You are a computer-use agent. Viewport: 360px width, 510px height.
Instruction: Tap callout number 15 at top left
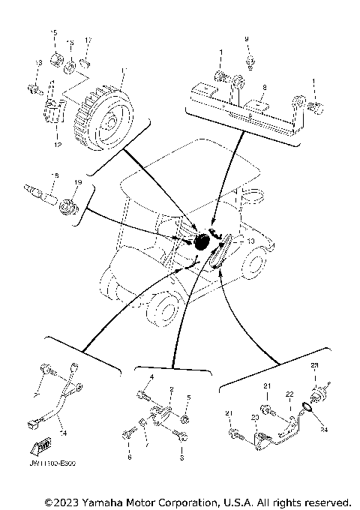(x=53, y=32)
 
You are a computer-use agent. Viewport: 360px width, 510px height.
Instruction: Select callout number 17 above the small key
(x=88, y=40)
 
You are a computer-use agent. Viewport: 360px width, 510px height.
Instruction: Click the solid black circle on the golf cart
(x=202, y=242)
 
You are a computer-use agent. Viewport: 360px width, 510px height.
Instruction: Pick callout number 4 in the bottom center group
(x=151, y=376)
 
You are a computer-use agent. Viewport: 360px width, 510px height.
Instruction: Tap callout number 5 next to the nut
(x=188, y=397)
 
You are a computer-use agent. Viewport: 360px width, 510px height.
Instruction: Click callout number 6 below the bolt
(x=129, y=456)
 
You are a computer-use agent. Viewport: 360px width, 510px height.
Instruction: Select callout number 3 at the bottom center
(x=181, y=456)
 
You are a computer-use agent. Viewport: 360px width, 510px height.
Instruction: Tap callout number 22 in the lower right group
(x=289, y=394)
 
